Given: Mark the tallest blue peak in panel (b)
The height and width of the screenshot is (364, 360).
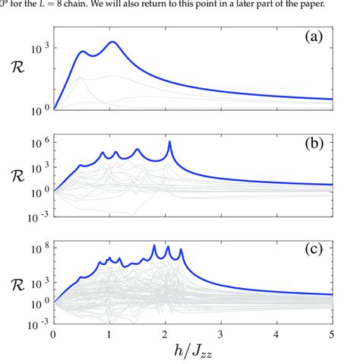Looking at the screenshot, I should coord(169,142).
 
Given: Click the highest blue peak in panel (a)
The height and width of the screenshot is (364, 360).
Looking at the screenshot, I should coord(112,42).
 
